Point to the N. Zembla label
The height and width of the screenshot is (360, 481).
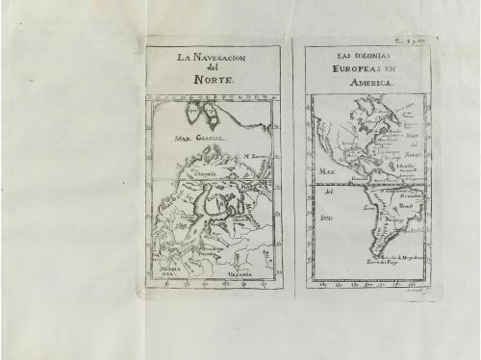click(255, 155)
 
